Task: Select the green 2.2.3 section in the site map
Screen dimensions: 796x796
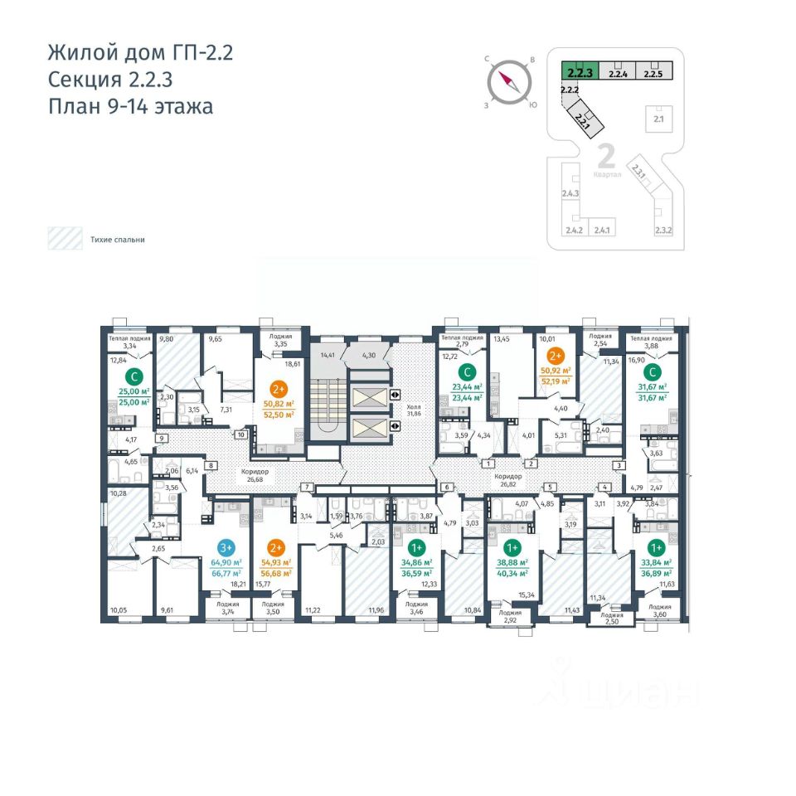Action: [579, 72]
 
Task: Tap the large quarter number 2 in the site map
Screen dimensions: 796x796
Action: [605, 156]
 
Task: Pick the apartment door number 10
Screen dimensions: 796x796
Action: [240, 434]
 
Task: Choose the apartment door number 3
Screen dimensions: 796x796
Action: [618, 466]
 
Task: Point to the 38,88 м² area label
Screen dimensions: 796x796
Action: [512, 563]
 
